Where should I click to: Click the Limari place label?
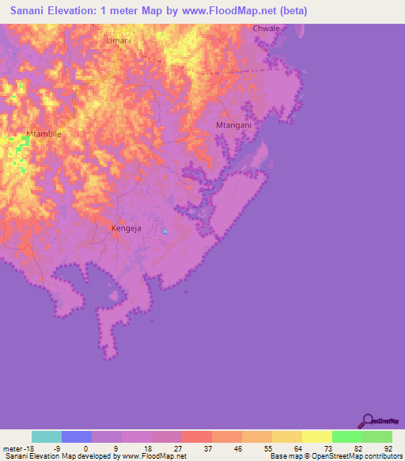117,39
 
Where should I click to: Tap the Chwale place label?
267,29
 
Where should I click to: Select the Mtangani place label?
233,125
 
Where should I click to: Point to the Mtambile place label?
44,135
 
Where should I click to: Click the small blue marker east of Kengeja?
165,231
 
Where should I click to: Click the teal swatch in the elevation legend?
47,436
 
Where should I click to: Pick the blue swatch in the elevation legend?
77,436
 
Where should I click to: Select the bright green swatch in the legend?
346,436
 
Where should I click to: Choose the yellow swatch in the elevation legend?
316,436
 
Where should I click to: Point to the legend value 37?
207,448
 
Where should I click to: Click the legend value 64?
297,448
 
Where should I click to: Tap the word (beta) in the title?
290,11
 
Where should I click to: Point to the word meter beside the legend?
13,448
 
